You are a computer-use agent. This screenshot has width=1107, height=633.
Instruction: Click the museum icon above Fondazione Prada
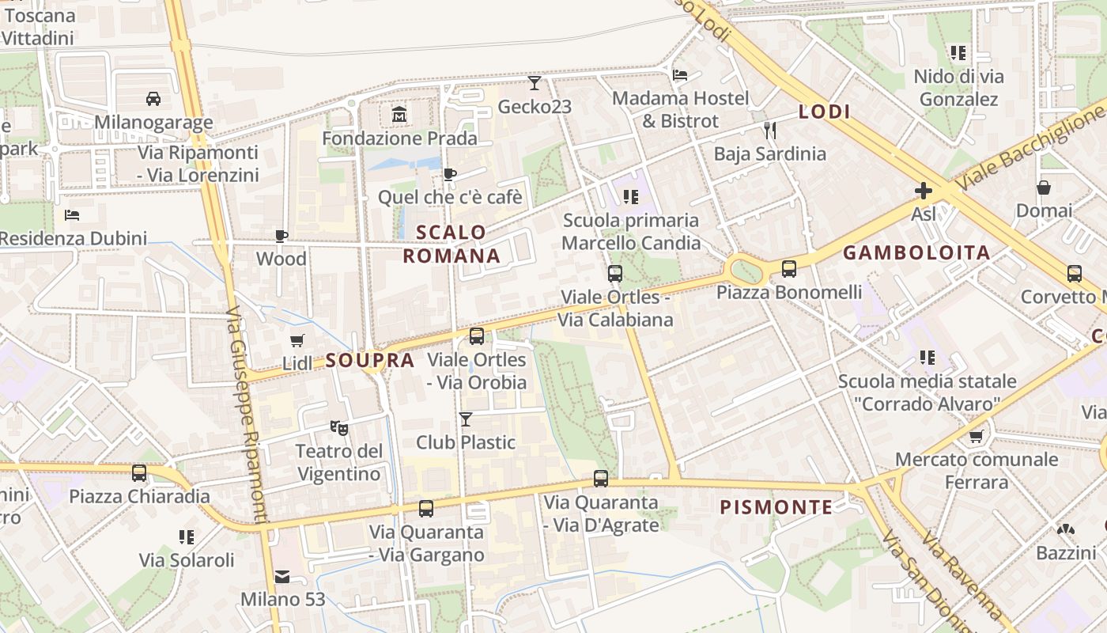point(399,116)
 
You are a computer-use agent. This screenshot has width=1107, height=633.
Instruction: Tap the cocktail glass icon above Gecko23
point(535,82)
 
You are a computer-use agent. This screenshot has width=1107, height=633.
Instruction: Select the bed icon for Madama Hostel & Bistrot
point(679,75)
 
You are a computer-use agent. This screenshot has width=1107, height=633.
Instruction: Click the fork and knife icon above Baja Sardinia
point(769,130)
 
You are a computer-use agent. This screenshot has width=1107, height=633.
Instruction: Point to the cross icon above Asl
point(923,190)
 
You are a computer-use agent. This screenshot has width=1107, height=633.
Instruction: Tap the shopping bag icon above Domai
point(1044,188)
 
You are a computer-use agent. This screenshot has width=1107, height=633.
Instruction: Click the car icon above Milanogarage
point(153,99)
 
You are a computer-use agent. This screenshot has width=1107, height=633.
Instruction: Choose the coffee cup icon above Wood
point(281,236)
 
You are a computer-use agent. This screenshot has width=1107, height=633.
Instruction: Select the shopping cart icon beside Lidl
point(297,340)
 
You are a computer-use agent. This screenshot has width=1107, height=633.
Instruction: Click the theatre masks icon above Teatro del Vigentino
point(338,428)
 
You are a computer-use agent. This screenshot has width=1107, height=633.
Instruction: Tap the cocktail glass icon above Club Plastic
point(466,419)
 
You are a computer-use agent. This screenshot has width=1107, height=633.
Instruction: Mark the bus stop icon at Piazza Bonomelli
point(789,269)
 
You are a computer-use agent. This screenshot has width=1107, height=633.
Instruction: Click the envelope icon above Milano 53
point(282,576)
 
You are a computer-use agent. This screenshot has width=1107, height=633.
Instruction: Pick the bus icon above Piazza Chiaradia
point(139,473)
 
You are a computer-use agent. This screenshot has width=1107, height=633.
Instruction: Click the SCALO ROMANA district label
point(451,244)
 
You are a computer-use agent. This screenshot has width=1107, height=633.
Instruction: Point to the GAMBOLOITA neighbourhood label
point(916,253)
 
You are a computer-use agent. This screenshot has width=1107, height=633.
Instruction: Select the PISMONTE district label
point(776,508)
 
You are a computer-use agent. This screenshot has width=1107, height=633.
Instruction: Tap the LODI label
point(824,112)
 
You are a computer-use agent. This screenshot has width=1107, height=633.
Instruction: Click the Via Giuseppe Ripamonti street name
point(248,415)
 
